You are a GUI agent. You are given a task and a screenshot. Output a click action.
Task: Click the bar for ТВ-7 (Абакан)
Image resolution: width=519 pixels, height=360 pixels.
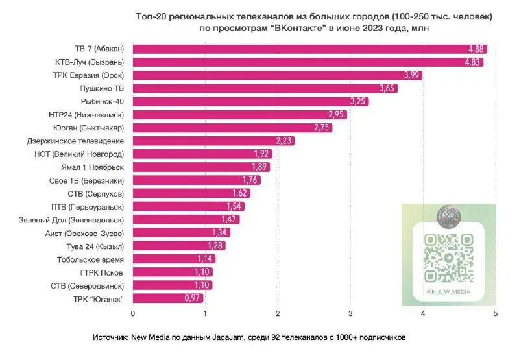click(309, 49)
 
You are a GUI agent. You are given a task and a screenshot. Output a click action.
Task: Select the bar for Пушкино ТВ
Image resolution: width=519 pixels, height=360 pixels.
click(265, 88)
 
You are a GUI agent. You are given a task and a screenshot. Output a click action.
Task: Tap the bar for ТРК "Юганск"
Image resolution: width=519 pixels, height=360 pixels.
click(167, 298)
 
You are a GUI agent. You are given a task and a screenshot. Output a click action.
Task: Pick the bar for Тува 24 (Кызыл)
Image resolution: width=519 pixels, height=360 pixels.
click(179, 246)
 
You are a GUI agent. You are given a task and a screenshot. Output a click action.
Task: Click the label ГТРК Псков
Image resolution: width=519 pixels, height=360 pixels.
click(101, 272)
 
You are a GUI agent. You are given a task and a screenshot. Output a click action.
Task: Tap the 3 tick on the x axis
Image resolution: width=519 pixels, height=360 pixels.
click(351, 314)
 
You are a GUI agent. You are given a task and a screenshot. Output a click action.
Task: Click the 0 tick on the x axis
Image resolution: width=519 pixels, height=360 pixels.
click(133, 314)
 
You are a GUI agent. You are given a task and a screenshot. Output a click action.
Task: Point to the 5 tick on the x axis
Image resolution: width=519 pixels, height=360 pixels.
click(496, 314)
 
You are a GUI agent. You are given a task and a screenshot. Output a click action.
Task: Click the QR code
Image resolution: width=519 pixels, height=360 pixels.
click(448, 258)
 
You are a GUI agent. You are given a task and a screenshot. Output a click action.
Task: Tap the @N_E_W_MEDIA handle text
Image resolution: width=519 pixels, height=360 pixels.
click(448, 293)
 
